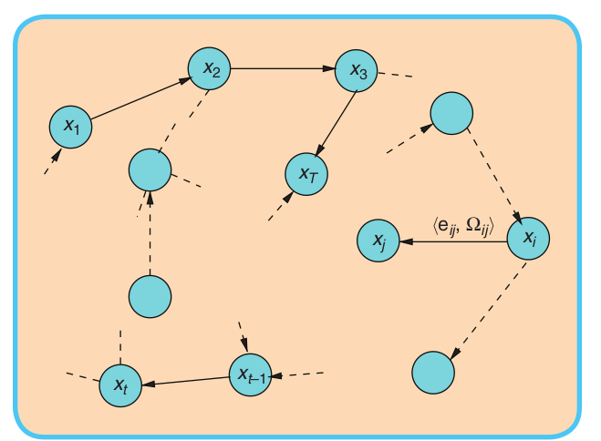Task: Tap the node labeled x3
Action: click(x=357, y=72)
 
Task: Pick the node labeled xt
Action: click(x=120, y=385)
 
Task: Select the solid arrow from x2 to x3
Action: click(x=284, y=68)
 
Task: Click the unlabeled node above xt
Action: click(x=150, y=297)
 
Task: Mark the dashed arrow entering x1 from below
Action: click(x=53, y=161)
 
